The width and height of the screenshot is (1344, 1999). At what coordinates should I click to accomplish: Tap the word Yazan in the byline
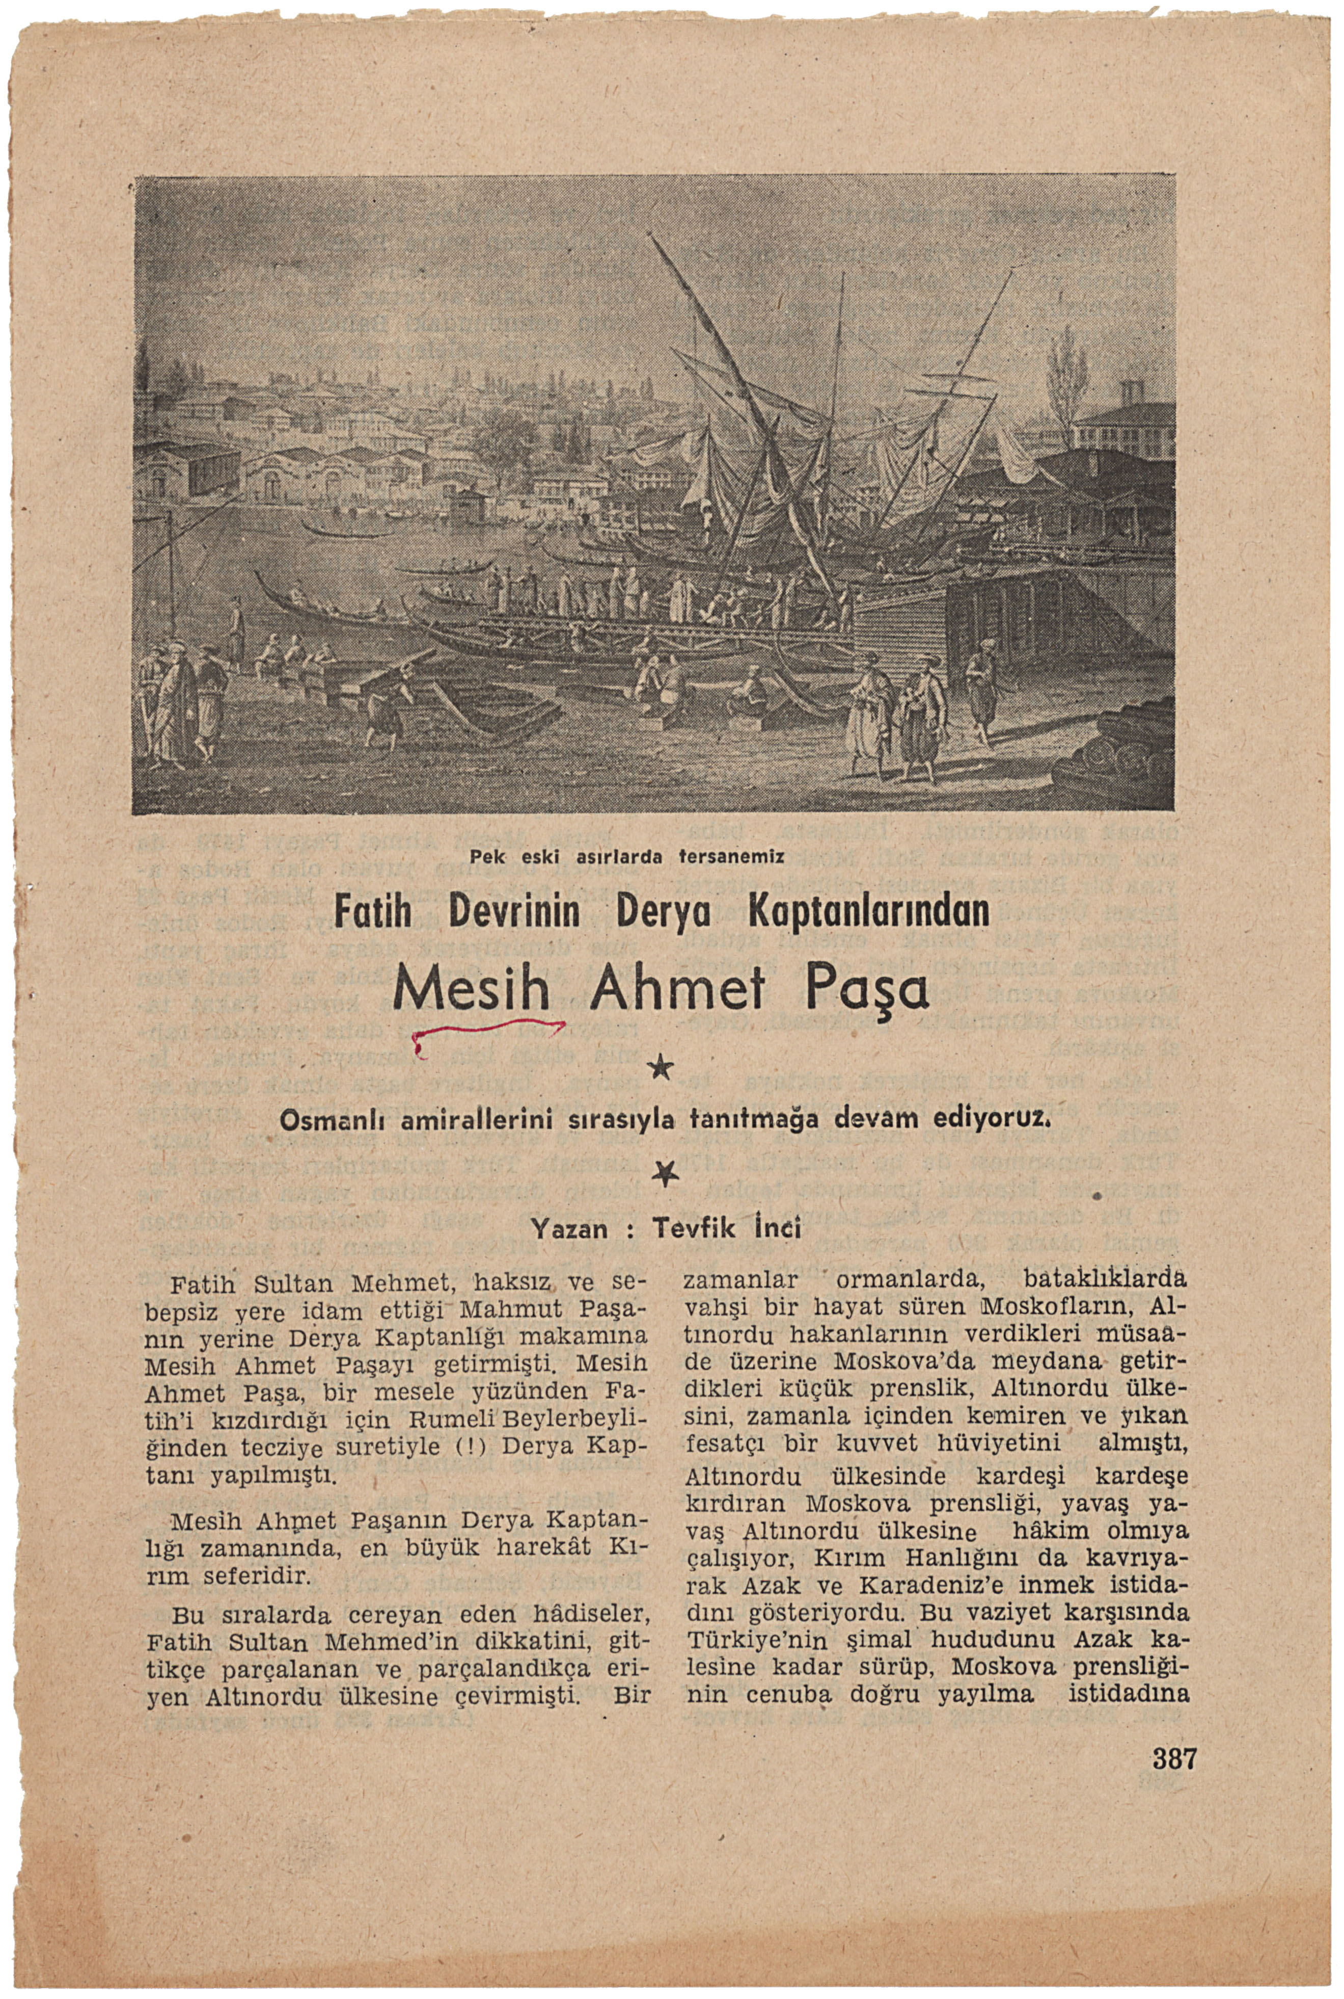click(x=570, y=1230)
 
